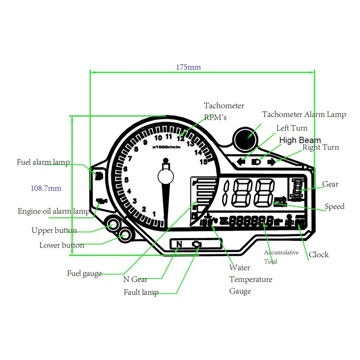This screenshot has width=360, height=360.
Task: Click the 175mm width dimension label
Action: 188,67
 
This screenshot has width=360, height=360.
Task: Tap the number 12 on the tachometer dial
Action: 180,139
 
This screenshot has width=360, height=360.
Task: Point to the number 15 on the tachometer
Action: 204,162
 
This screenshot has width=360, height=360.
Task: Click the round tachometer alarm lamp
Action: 246,135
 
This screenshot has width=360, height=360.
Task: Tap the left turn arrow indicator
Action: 241,161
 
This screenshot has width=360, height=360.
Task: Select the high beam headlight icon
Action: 256,161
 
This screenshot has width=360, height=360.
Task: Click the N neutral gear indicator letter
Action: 179,244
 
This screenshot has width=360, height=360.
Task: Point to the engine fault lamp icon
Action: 197,244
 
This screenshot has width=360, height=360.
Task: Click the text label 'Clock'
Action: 319,255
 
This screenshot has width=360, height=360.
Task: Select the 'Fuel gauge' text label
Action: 84,273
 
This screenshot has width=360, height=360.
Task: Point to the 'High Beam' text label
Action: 300,140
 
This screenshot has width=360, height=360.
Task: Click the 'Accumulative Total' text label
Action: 281,256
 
